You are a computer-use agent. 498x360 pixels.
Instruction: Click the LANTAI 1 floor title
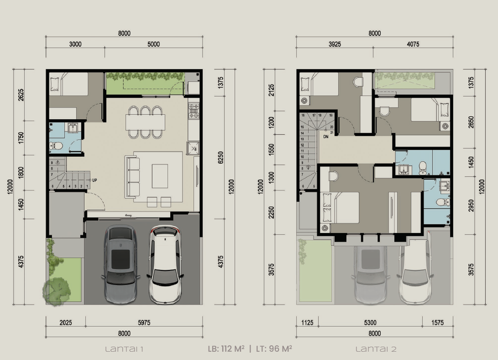click(x=124, y=349)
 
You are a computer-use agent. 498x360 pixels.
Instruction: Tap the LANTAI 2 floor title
click(x=376, y=349)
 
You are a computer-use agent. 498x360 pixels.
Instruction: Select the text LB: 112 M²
click(x=225, y=349)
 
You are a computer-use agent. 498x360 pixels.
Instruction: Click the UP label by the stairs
click(x=94, y=181)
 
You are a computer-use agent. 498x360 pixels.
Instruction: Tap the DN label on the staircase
click(x=325, y=137)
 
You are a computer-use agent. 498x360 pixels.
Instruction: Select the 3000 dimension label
click(x=75, y=44)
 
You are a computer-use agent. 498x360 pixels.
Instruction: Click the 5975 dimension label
click(x=143, y=322)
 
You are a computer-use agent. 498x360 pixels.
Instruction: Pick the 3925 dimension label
click(x=335, y=44)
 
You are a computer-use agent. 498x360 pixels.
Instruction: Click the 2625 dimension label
click(x=20, y=95)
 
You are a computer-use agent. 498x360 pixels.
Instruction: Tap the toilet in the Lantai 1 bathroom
click(x=56, y=145)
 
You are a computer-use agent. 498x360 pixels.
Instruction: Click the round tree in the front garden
click(x=56, y=290)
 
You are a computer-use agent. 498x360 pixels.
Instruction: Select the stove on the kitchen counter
click(x=194, y=110)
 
